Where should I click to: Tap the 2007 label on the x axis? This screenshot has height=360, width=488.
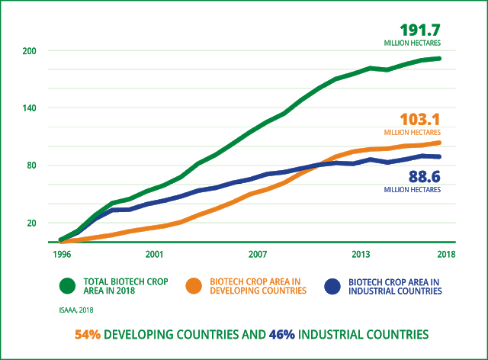point(257,254)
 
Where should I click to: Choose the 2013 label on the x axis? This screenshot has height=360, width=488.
point(361,254)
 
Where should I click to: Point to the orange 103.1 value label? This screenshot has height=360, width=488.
point(420,120)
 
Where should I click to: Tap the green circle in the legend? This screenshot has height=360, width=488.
point(68,286)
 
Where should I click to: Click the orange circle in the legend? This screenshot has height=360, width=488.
point(195,286)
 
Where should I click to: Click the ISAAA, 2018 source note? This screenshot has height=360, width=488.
point(76,310)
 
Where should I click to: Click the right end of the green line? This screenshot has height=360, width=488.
point(440,59)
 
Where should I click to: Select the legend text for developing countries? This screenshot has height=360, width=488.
point(259,286)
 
